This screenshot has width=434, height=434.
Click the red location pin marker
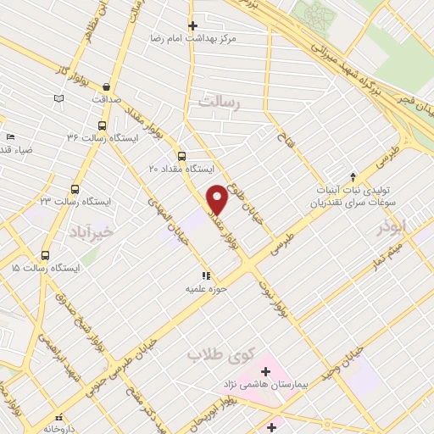(x=218, y=200)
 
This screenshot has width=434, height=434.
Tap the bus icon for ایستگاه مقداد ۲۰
(x=181, y=155)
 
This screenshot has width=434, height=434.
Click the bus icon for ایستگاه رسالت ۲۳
(x=75, y=190)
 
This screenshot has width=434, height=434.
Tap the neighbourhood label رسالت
(x=220, y=101)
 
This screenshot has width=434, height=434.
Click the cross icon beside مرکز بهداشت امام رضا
(x=192, y=26)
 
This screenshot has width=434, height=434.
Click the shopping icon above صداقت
(x=105, y=86)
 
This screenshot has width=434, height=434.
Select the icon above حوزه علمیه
(x=204, y=275)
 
